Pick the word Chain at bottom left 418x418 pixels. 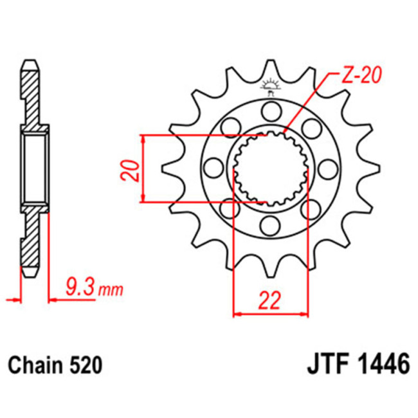coord(37,366)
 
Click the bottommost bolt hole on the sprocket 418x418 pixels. coord(269,226)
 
